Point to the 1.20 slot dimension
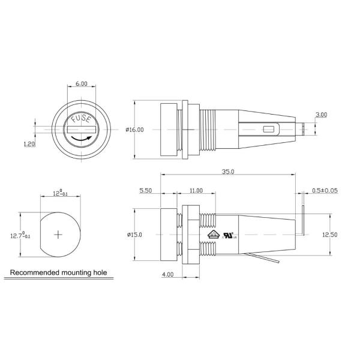[x=28, y=144]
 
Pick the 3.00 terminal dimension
[x=321, y=115]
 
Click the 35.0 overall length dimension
[x=227, y=171]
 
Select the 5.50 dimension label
[x=146, y=190]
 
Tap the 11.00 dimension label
[x=196, y=190]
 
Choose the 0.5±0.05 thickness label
[x=325, y=190]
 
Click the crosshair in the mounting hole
[x=58, y=233]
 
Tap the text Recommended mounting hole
[x=58, y=272]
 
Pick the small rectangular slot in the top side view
[x=268, y=129]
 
